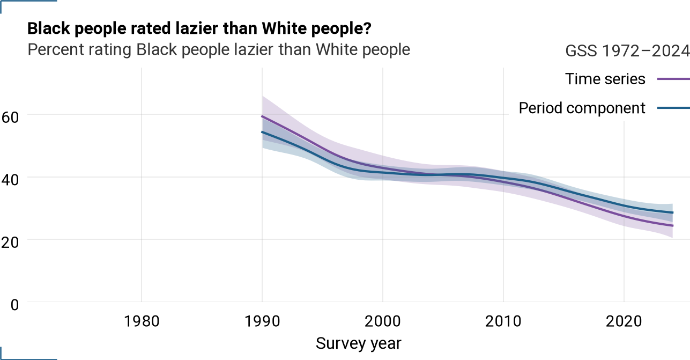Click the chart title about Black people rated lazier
coord(199,28)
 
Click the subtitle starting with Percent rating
coord(219,49)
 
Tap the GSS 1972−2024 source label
coord(627,51)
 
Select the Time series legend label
coord(605,79)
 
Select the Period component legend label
coord(582,108)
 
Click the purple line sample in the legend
coord(674,79)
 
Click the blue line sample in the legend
coord(674,108)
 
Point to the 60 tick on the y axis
coord(10,117)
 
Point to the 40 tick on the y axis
coord(10,180)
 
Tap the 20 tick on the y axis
coord(10,243)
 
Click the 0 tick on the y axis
coord(15,305)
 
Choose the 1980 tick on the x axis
coord(142,321)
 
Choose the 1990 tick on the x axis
coord(262,321)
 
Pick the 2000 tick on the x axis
coord(383,321)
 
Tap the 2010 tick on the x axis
coord(503,321)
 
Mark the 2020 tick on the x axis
coord(624,321)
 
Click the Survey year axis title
coord(359,343)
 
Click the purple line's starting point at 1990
coord(262,116)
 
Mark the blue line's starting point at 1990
coord(262,132)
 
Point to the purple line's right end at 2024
coord(672,226)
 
